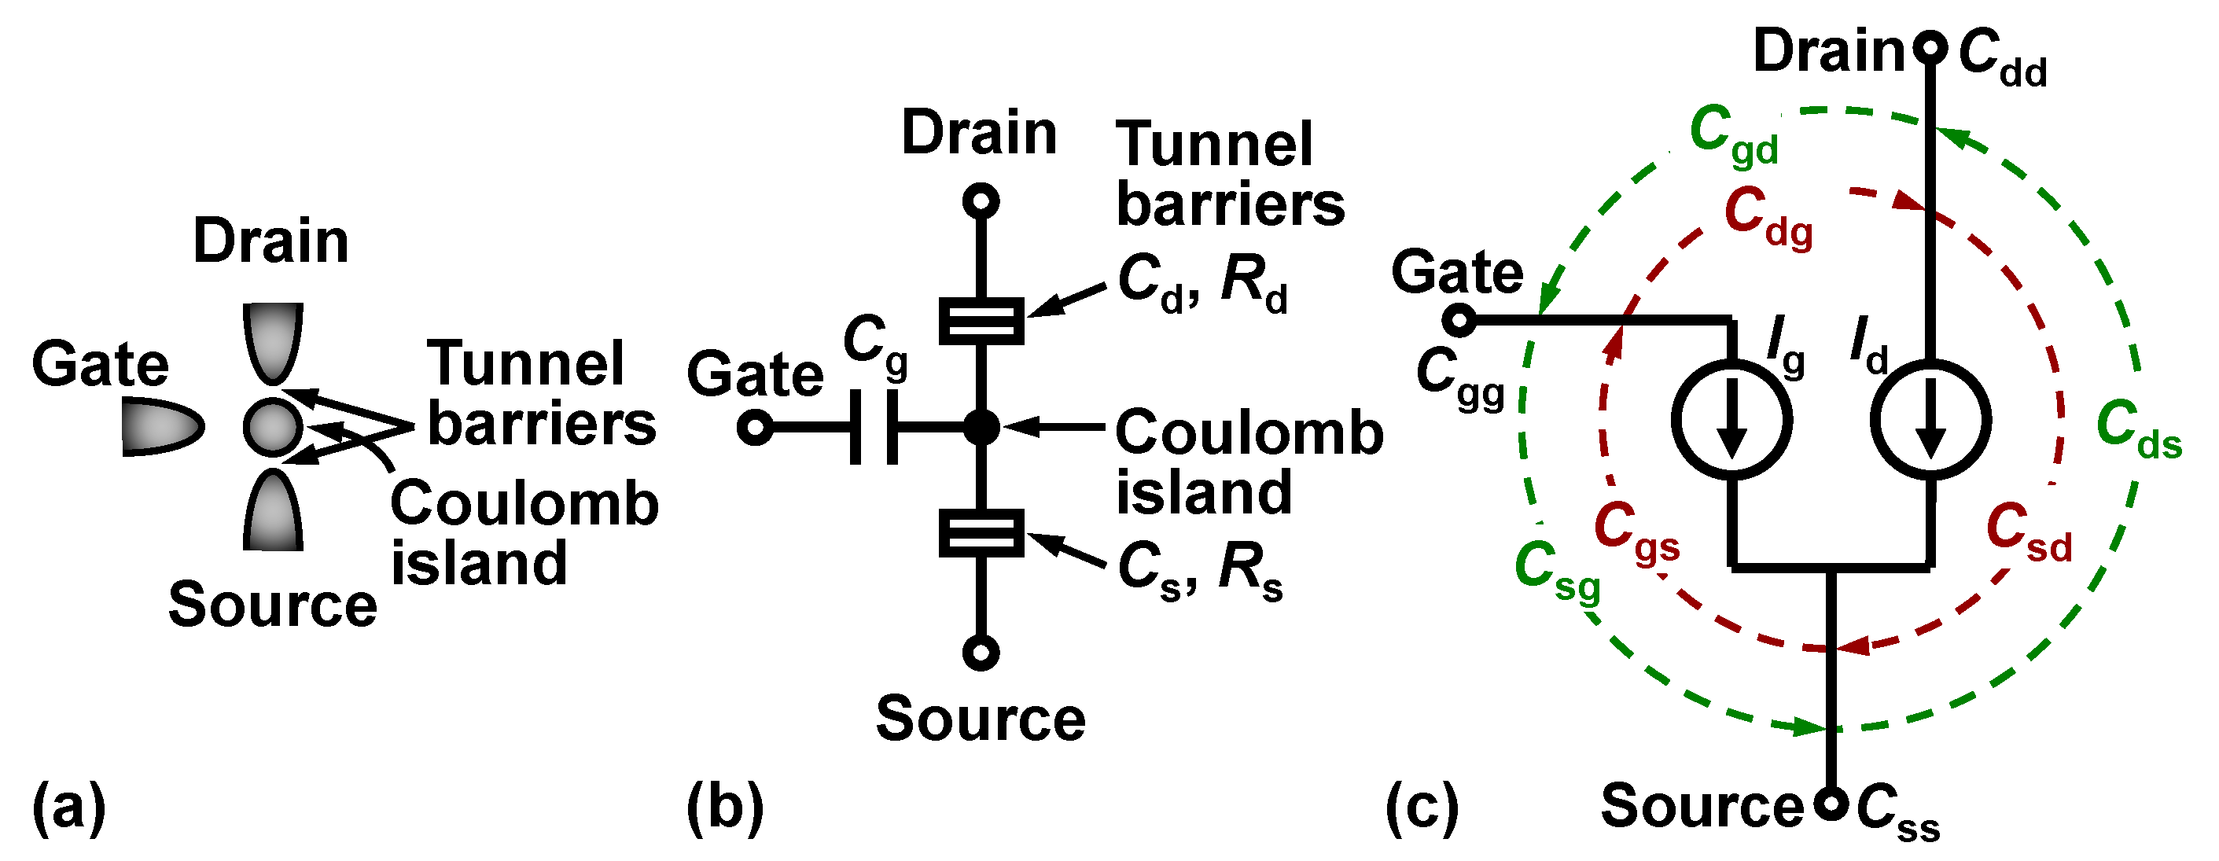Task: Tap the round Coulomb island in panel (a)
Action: tap(273, 426)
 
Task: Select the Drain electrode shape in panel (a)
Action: tap(273, 340)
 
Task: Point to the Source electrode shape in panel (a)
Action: tap(273, 513)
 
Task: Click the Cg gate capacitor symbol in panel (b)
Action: tap(874, 427)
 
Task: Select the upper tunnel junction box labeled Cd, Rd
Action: tap(981, 321)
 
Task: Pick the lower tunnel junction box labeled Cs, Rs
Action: tap(981, 533)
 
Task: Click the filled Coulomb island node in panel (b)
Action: tap(981, 427)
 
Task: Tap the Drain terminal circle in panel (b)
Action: tap(981, 201)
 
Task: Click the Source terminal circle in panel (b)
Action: tap(981, 653)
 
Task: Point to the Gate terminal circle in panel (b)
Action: tap(756, 427)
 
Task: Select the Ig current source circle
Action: tap(1732, 420)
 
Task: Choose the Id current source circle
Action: tap(1930, 420)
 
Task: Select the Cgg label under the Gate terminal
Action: tap(1459, 379)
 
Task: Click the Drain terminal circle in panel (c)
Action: tap(1930, 47)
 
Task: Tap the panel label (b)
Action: tap(725, 808)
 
